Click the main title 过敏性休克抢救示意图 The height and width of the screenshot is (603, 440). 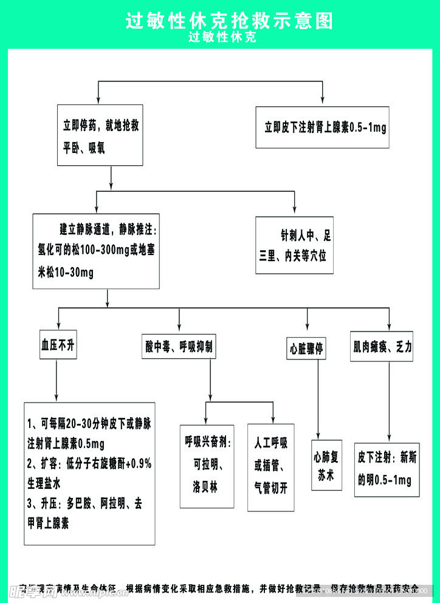229,21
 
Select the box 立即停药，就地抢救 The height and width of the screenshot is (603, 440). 100,135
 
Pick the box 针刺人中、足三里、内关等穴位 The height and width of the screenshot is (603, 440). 294,245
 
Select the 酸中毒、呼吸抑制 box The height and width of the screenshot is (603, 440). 179,347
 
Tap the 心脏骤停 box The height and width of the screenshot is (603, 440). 306,349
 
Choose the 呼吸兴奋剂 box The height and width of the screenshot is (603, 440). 207,465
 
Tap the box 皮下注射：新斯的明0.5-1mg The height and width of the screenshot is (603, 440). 387,469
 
